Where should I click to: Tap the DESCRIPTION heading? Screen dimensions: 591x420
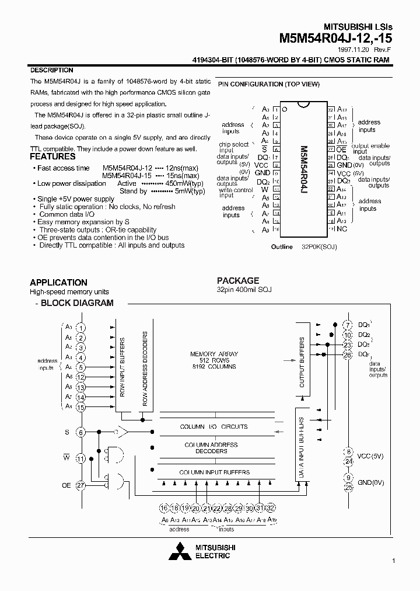point(51,70)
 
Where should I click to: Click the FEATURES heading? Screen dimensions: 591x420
point(52,157)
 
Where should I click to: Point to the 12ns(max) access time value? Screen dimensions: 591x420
point(181,168)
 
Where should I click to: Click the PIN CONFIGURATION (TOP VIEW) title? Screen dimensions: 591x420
point(269,84)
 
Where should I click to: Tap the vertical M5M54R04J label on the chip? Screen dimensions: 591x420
point(303,169)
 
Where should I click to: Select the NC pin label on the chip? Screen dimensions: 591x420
point(343,230)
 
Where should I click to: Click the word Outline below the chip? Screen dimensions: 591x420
point(282,247)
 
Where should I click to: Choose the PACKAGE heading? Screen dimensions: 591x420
point(238,280)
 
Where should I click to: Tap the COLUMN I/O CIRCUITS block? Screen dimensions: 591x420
point(213,426)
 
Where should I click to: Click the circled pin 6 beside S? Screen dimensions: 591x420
point(81,432)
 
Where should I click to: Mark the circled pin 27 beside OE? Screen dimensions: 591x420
point(81,484)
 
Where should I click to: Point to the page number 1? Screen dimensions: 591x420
point(394,561)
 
